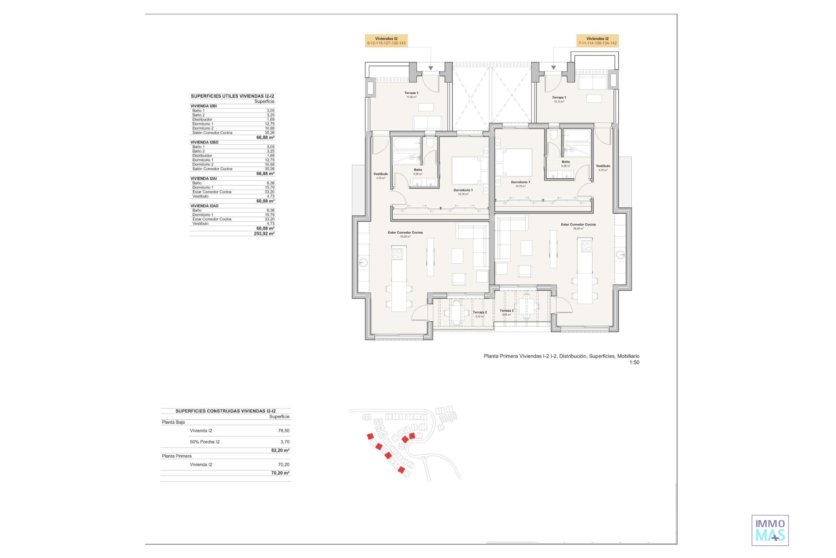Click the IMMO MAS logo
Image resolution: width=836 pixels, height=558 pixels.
tap(770, 531)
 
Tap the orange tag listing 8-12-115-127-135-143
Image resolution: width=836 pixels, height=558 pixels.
tap(386, 41)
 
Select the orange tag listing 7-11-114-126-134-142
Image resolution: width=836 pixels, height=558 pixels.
tap(597, 41)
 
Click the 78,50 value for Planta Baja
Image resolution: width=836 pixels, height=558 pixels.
tap(283, 431)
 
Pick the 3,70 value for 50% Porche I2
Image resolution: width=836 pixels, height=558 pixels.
tap(285, 442)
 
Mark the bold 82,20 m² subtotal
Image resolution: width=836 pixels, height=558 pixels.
tap(280, 450)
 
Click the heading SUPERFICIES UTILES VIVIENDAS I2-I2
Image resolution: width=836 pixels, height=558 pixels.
tap(233, 96)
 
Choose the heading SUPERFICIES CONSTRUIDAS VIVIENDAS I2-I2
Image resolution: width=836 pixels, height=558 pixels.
tap(226, 411)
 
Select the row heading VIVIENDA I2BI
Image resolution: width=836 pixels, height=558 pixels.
tap(204, 106)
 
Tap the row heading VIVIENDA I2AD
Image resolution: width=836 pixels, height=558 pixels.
tap(205, 206)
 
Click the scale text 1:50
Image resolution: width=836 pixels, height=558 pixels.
tap(634, 363)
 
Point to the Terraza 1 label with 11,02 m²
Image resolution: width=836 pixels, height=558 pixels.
tap(411, 93)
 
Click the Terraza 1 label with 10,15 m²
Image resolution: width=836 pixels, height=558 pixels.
tap(559, 98)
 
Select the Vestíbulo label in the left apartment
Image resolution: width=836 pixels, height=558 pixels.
tap(381, 174)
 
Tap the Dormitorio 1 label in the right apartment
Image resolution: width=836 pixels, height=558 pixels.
tap(520, 183)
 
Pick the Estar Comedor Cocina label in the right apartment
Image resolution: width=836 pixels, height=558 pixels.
tap(578, 225)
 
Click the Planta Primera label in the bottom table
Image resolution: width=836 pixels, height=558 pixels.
tap(177, 456)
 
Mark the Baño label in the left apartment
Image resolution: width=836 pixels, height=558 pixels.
tap(418, 170)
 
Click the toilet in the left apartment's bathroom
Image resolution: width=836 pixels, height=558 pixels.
tap(430, 141)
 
